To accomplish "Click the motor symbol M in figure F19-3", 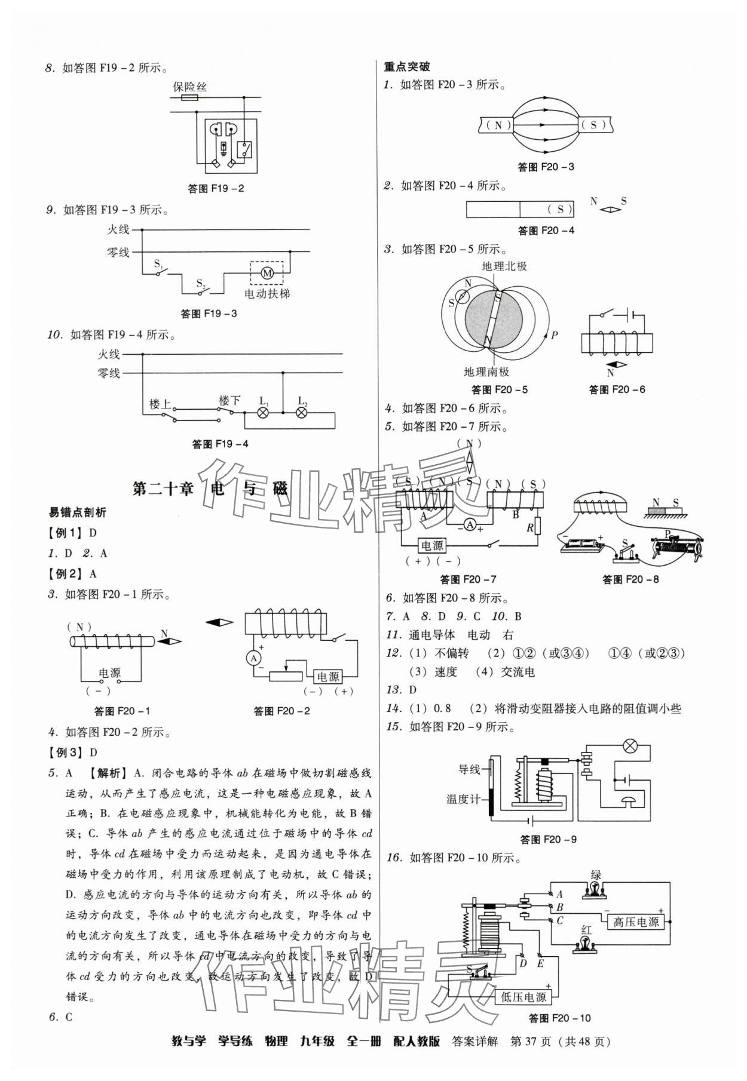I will pos(267,273).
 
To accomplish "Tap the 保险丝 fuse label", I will pos(189,87).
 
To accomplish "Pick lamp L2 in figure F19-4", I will pos(302,413).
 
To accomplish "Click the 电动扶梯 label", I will pos(267,293).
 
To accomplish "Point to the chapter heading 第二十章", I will pos(163,489).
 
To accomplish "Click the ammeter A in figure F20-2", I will pos(253,658).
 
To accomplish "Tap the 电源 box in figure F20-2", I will pos(327,676).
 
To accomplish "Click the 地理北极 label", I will pos(504,266).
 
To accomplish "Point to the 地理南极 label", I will pos(486,371).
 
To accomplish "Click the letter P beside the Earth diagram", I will pos(555,335).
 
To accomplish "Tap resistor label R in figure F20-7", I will pos(529,528).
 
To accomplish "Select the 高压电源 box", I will pos(635,922).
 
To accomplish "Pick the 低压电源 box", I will pos(523,997).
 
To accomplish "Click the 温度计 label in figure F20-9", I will pos(464,799).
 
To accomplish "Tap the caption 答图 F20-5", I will pos(499,390).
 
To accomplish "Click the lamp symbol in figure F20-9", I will pos(629,746).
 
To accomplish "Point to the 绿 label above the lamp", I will pos(595,875).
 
